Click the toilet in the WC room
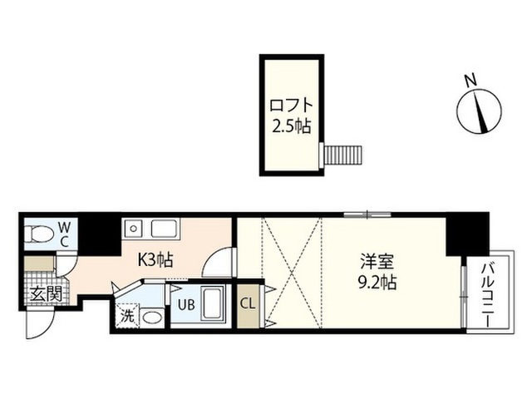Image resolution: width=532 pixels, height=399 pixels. click(40, 234)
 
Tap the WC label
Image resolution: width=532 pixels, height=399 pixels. click(65, 234)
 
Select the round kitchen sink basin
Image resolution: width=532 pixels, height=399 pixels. click(134, 229)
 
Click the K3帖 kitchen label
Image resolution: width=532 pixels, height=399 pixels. click(155, 260)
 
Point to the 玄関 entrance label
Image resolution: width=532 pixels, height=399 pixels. click(47, 294)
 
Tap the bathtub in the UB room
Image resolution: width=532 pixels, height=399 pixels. click(213, 304)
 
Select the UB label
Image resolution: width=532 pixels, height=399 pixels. click(187, 305)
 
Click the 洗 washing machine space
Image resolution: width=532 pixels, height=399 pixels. click(127, 316)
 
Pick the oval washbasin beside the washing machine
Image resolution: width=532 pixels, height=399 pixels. click(152, 318)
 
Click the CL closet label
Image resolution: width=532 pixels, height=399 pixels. click(248, 304)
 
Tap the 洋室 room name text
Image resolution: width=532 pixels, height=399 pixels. click(377, 261)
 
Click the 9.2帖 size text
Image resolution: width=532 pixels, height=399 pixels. click(377, 281)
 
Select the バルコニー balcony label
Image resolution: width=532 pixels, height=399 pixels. click(489, 294)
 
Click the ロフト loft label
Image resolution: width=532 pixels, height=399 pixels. click(291, 106)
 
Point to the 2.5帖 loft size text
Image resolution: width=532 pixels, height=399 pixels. click(292, 126)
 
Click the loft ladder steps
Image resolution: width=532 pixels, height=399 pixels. click(343, 155)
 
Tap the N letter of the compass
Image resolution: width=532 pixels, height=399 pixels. click(470, 81)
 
